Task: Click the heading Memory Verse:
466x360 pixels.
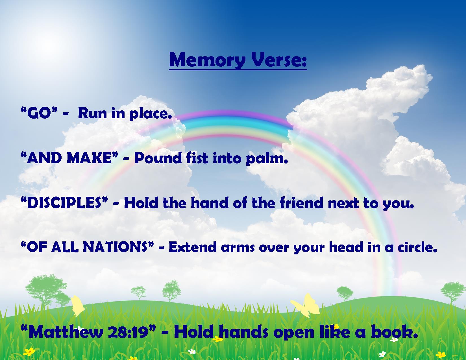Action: coord(238,60)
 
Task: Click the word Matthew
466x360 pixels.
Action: coord(66,332)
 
